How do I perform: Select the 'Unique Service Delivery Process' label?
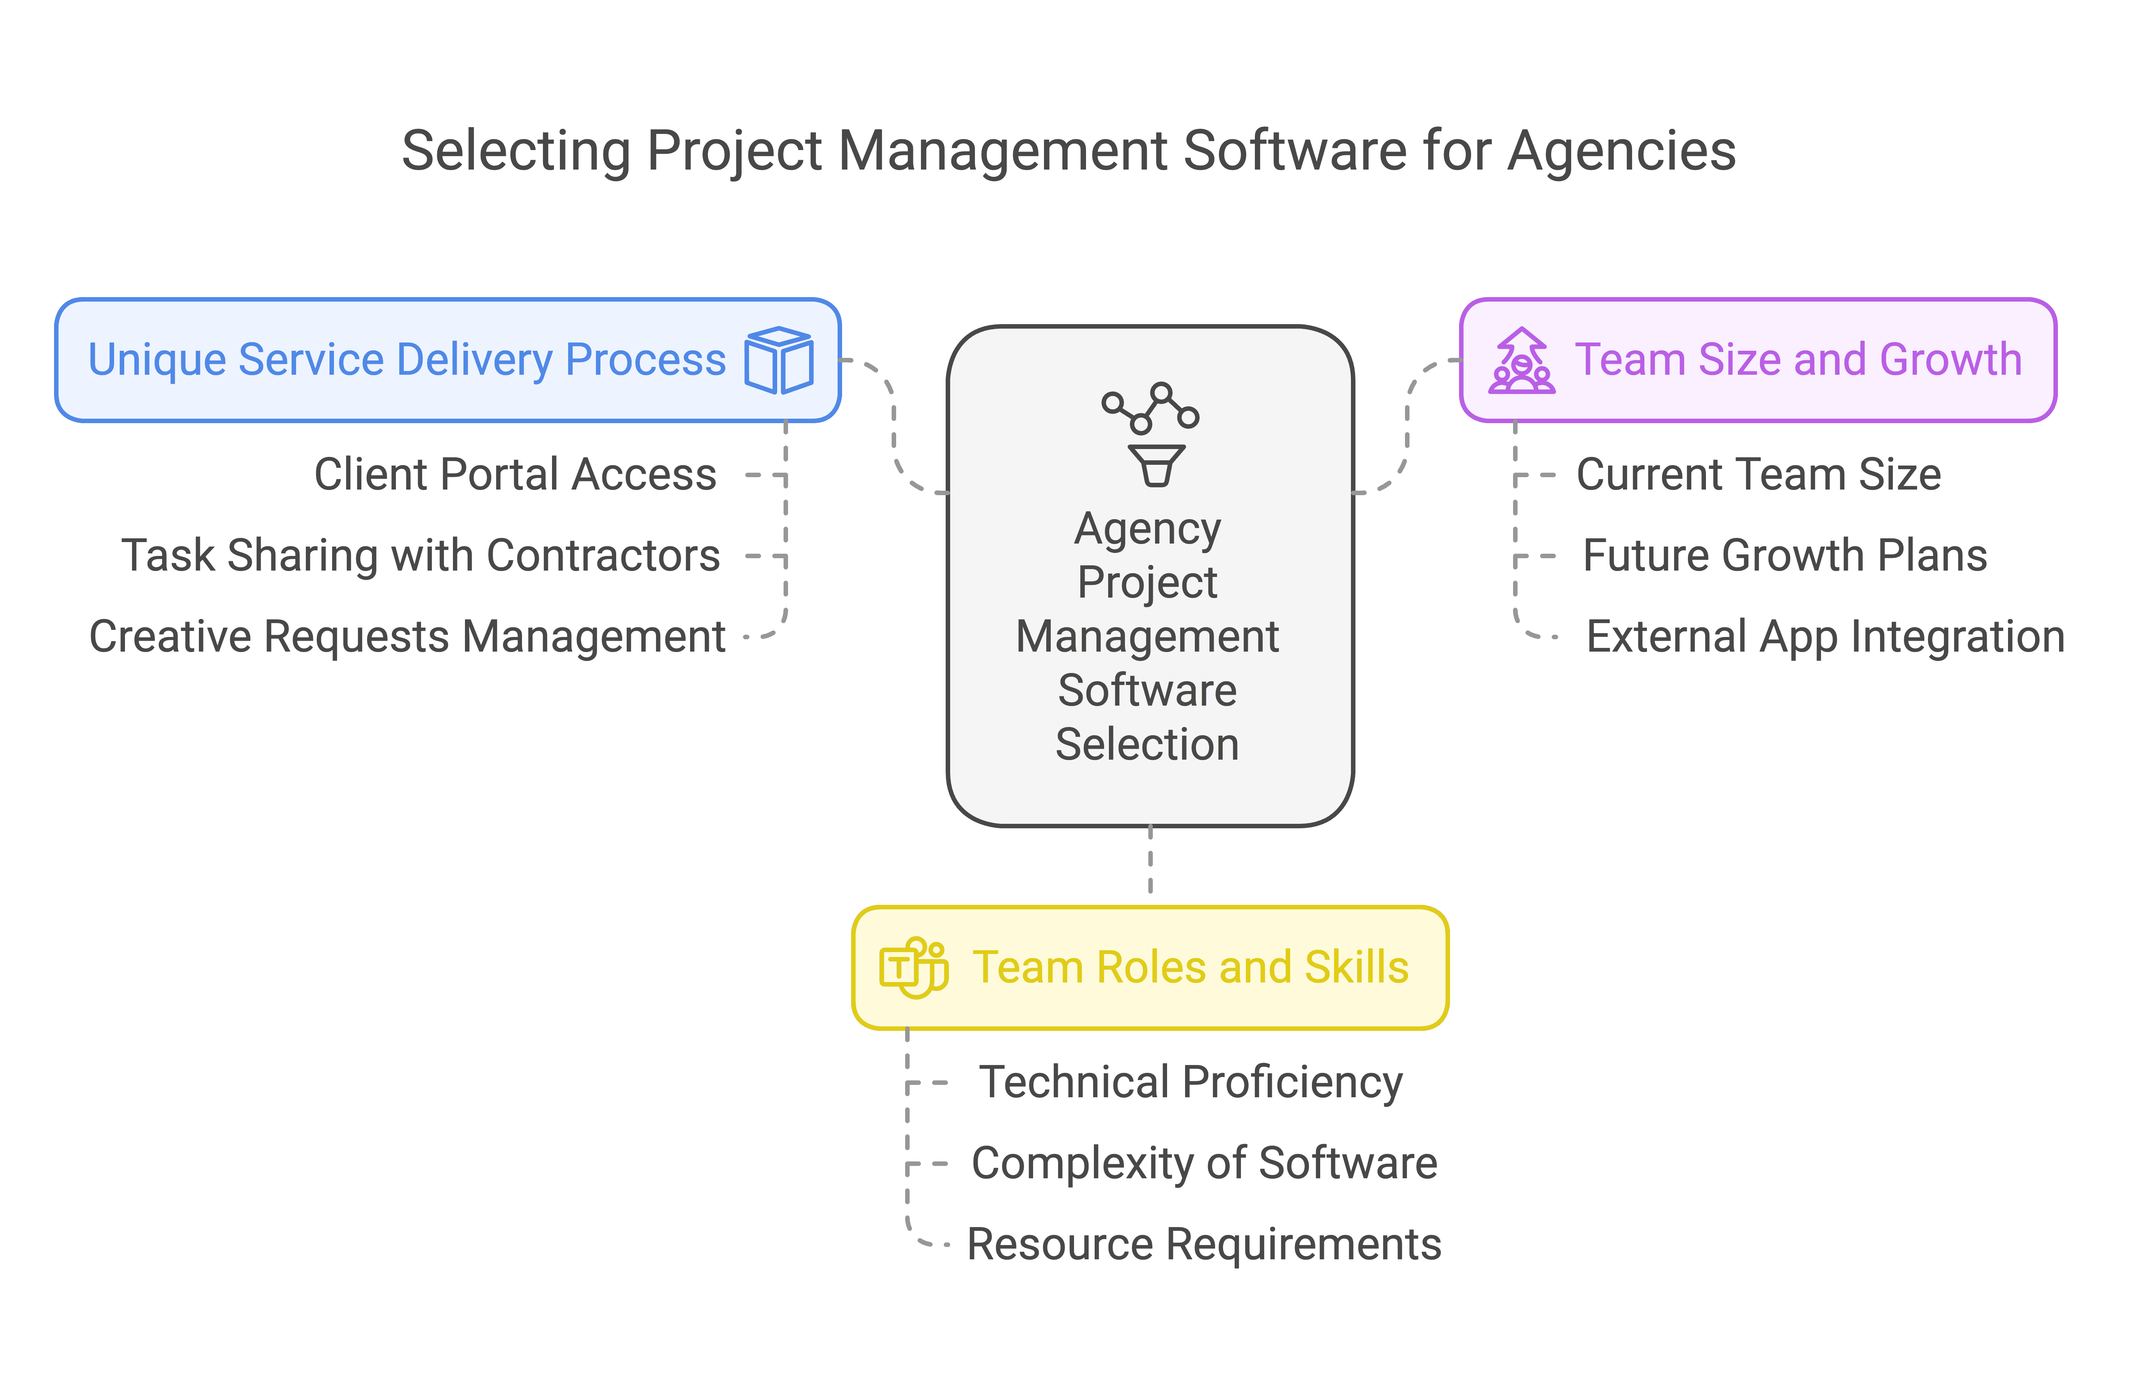407,360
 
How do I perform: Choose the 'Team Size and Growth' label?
1798,360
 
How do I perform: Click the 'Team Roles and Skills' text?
1190,967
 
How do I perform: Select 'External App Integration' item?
1825,636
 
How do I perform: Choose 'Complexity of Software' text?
1204,1163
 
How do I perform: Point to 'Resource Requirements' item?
1204,1244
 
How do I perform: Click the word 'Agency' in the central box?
1147,529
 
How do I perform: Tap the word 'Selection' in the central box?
1147,745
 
